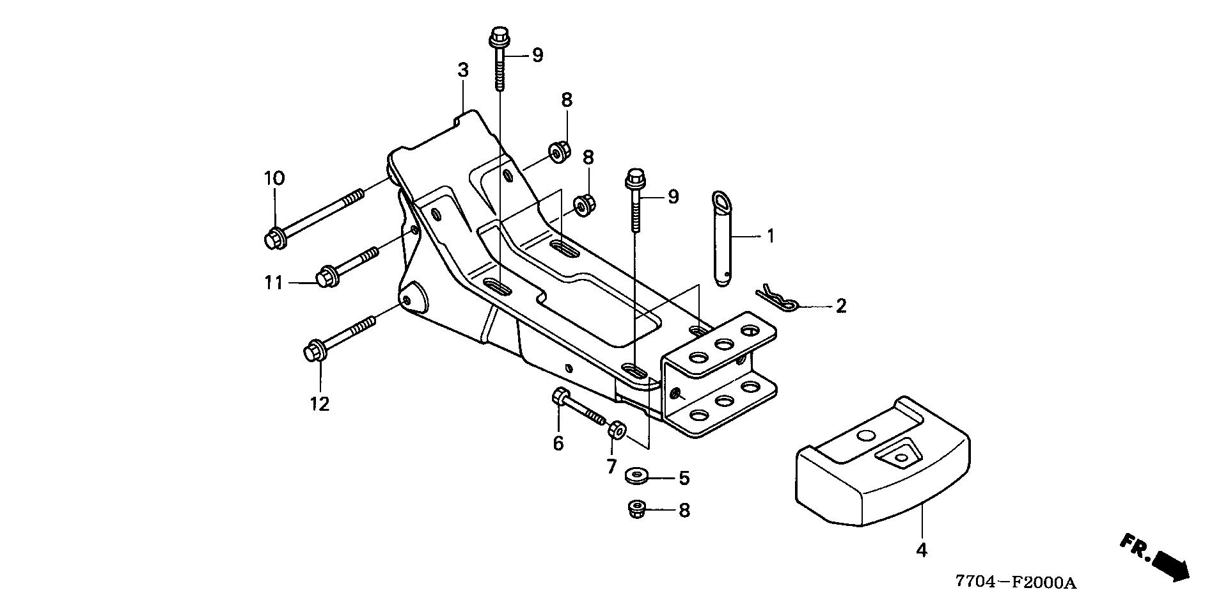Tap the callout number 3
[x=463, y=70]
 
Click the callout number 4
[x=921, y=550]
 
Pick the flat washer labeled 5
[x=637, y=476]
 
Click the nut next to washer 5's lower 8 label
[x=637, y=509]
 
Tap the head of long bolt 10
[x=274, y=239]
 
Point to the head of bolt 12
[x=314, y=353]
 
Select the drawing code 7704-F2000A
[x=1016, y=583]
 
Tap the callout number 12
[x=320, y=404]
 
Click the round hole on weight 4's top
[x=865, y=436]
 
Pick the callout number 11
[x=274, y=282]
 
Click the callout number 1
[x=771, y=236]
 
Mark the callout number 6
[x=558, y=443]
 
